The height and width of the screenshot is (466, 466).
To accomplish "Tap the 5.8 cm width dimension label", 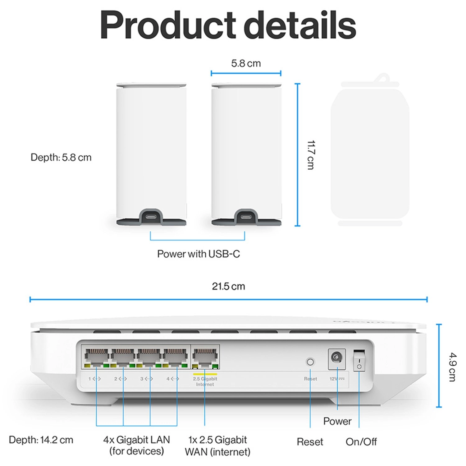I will tap(246, 63).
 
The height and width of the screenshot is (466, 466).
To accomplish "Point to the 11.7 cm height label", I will tap(310, 155).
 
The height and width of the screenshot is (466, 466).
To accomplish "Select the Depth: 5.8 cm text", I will tap(61, 158).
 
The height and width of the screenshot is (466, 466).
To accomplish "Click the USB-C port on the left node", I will tap(151, 217).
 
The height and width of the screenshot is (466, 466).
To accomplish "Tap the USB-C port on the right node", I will tap(246, 217).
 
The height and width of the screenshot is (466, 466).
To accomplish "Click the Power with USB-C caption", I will tap(198, 254).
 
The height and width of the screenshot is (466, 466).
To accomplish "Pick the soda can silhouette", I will tap(370, 152).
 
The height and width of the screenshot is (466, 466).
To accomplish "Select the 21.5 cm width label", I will tap(228, 286).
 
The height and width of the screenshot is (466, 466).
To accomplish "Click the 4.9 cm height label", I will tap(452, 367).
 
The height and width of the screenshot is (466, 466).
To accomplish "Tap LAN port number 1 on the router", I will tap(97, 357).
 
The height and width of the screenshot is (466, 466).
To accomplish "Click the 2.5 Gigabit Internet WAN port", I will tap(205, 357).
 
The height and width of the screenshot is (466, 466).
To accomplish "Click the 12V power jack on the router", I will tap(336, 358).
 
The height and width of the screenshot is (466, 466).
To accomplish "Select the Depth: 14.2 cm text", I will tap(41, 440).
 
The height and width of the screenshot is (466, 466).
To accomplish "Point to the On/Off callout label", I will tap(361, 441).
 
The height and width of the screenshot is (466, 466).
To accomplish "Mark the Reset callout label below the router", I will tap(310, 441).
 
